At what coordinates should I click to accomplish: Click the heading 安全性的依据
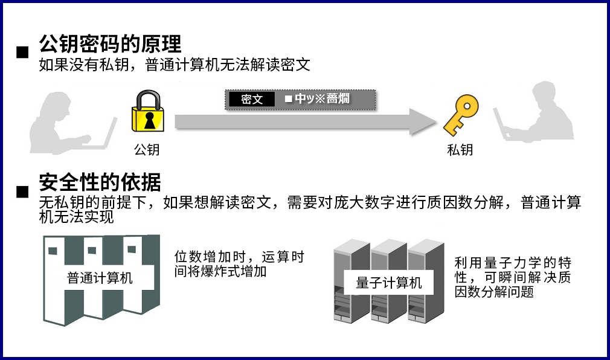click(x=100, y=182)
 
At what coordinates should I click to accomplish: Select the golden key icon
click(x=460, y=114)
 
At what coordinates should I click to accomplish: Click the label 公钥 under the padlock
click(x=147, y=149)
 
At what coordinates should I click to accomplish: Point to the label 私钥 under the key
click(x=460, y=149)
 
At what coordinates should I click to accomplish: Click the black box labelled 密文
click(x=252, y=99)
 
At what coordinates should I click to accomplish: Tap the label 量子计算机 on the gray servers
click(x=389, y=283)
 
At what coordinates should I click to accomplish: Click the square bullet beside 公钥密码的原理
click(x=22, y=52)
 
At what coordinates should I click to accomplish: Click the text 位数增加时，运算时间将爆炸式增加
click(x=239, y=264)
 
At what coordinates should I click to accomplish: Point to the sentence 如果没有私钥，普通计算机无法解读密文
click(x=175, y=65)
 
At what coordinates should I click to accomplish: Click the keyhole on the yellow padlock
click(x=149, y=120)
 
